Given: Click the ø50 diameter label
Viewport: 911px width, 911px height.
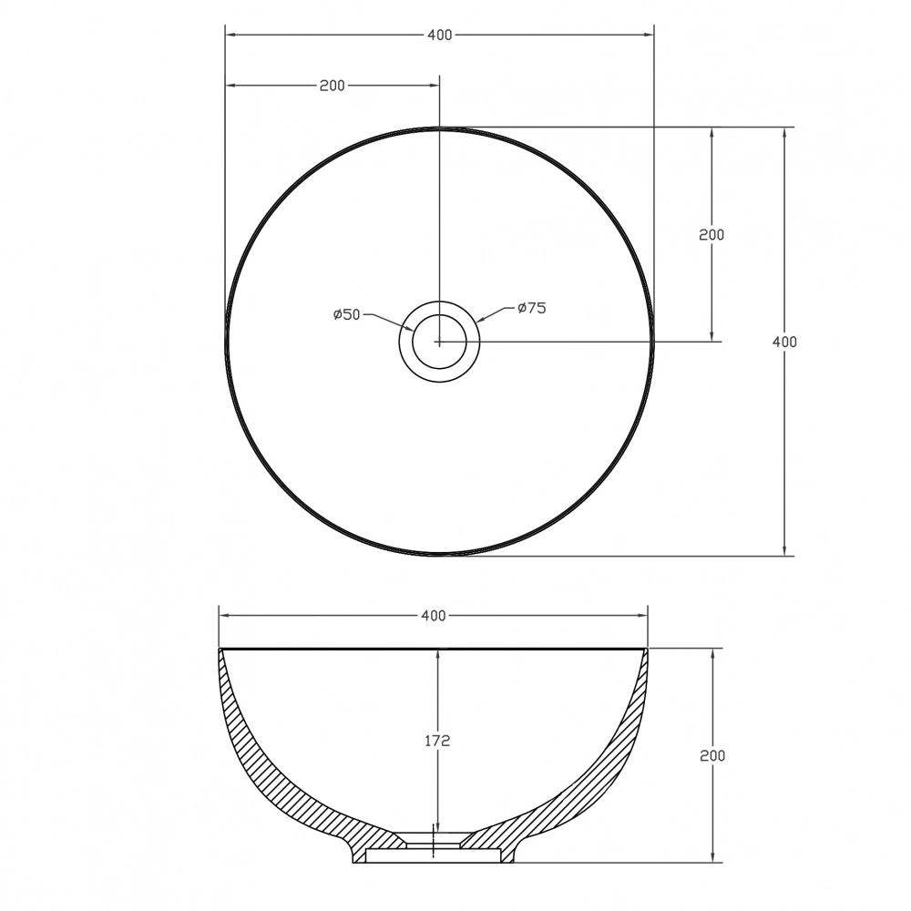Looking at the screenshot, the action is click(347, 315).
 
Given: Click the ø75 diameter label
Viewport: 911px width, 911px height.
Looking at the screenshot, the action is click(532, 308).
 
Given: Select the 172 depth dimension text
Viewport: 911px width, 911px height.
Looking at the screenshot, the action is click(437, 741).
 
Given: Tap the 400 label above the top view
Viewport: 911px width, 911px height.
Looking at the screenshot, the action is click(440, 36).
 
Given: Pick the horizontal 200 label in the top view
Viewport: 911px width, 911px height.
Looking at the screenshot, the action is click(333, 86).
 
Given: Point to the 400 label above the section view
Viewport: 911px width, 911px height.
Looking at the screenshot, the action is click(434, 615).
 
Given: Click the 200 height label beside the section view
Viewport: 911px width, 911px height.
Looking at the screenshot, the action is click(712, 755).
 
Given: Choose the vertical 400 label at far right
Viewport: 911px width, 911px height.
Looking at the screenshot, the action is click(784, 343).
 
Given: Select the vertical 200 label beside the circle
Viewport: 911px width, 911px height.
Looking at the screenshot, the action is click(711, 235).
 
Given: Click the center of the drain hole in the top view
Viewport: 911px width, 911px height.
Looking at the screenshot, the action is click(439, 343).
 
